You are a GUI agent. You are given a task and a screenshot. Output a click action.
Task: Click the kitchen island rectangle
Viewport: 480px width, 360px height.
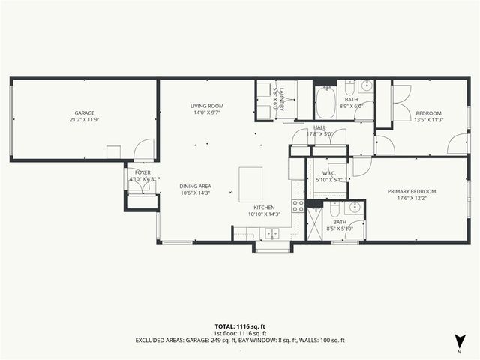point(250,184)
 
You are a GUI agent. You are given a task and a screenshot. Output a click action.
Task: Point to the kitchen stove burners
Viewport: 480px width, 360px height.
point(298,205)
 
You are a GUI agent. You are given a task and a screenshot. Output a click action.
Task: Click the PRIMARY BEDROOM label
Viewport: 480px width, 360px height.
point(411,191)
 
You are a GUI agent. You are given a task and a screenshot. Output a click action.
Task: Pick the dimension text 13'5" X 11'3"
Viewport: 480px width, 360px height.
point(429,119)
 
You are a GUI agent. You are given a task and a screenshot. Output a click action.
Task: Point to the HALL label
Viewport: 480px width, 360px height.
point(319,127)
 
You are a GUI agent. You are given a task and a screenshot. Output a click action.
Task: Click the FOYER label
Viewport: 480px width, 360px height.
point(142,172)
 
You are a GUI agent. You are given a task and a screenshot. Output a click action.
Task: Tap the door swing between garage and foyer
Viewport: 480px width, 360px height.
point(142,150)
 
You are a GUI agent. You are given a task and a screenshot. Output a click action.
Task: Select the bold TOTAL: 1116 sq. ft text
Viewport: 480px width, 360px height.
point(239,327)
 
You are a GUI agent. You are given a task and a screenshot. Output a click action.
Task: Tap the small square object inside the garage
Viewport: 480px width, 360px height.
point(113,151)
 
